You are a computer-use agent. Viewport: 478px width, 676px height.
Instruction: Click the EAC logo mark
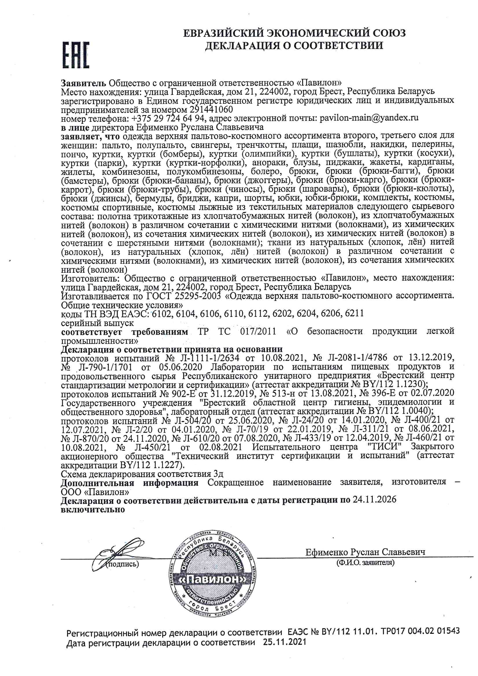[76, 55]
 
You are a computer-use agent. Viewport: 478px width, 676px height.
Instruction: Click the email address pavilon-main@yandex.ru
[369, 118]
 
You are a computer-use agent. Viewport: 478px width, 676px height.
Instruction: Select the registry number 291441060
[211, 110]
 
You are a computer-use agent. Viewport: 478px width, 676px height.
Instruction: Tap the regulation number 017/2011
[258, 332]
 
